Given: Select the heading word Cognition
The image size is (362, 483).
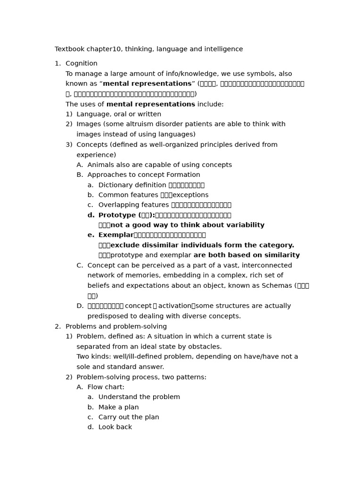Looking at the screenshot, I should click(82, 64).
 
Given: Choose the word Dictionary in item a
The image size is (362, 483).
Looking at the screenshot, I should click(115, 185).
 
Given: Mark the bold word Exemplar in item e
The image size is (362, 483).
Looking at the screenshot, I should click(115, 235).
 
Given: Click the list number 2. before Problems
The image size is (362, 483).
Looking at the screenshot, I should click(58, 327).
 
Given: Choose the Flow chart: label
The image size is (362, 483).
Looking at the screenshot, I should click(106, 387).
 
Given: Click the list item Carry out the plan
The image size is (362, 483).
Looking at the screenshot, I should click(129, 417).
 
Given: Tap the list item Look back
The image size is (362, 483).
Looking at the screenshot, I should click(115, 427).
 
